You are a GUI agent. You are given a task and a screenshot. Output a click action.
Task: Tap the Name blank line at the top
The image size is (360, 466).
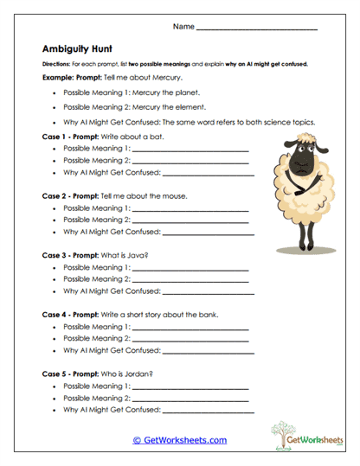pyautogui.click(x=257, y=29)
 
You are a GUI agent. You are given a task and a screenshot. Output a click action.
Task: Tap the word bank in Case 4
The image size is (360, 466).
pyautogui.click(x=208, y=315)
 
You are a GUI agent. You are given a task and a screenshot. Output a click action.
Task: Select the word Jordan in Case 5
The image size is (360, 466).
pyautogui.click(x=140, y=373)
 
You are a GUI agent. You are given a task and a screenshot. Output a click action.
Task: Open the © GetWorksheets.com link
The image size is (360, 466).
pyautogui.click(x=179, y=440)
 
